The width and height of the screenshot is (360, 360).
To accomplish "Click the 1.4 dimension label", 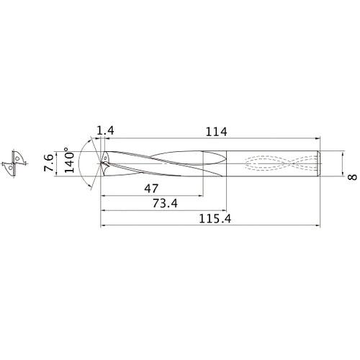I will pyautogui.click(x=104, y=130).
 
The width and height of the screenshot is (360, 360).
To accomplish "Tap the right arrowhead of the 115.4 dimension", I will pyautogui.click(x=318, y=226).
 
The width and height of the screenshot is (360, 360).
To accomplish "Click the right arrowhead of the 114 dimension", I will pyautogui.click(x=318, y=139).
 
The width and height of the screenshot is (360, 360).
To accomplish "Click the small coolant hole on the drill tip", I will pyautogui.click(x=105, y=156).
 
